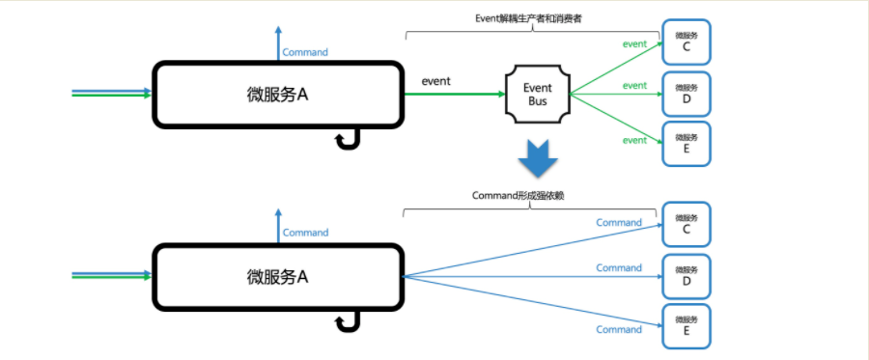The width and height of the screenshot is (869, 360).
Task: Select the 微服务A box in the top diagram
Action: click(278, 95)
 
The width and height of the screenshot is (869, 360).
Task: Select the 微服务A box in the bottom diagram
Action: click(278, 277)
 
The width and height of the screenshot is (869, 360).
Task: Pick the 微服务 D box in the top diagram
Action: click(686, 94)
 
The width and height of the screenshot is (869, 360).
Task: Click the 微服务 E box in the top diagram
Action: click(686, 144)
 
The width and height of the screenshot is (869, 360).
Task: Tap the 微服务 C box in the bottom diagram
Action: click(686, 225)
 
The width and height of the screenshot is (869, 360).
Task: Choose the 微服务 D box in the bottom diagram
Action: click(686, 277)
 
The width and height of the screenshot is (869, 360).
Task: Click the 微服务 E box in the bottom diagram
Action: click(686, 327)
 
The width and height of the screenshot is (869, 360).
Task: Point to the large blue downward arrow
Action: click(537, 156)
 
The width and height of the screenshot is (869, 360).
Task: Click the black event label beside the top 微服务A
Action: click(437, 81)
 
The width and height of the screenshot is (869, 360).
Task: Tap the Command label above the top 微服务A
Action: click(305, 52)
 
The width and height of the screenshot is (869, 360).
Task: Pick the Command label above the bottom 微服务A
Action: click(305, 233)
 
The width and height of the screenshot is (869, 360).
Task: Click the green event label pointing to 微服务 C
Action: click(634, 43)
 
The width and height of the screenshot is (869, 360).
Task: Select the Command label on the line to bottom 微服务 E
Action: click(619, 329)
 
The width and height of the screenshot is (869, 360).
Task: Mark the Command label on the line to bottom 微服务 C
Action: click(619, 223)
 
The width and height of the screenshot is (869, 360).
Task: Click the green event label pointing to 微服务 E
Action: click(634, 141)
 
